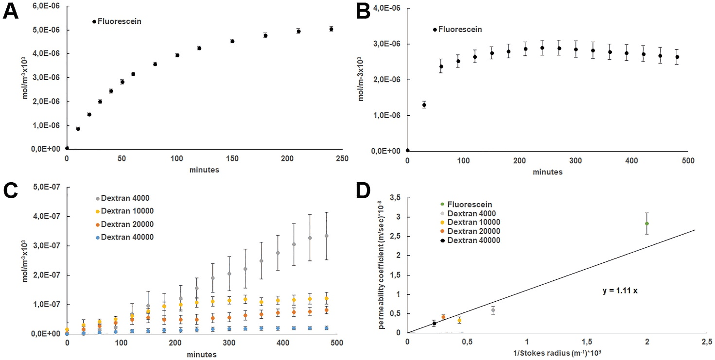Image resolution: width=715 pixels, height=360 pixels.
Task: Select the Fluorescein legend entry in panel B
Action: click(x=460, y=30)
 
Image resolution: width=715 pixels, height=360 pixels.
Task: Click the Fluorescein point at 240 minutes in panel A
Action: click(x=331, y=29)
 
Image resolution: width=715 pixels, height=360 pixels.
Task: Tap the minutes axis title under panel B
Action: click(x=547, y=172)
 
